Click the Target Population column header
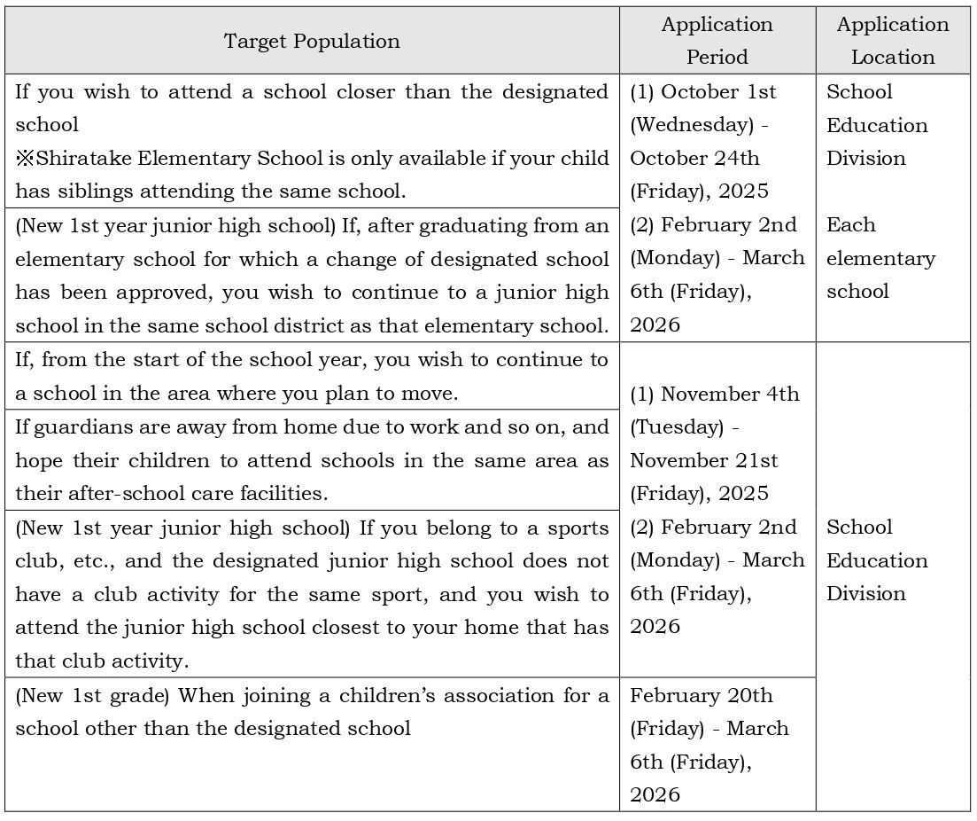(311, 41)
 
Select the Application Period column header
(717, 41)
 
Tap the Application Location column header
(892, 41)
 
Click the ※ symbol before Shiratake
(24, 159)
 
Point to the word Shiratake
(81, 159)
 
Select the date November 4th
(730, 394)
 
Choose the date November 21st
(704, 461)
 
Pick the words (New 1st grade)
(93, 696)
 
